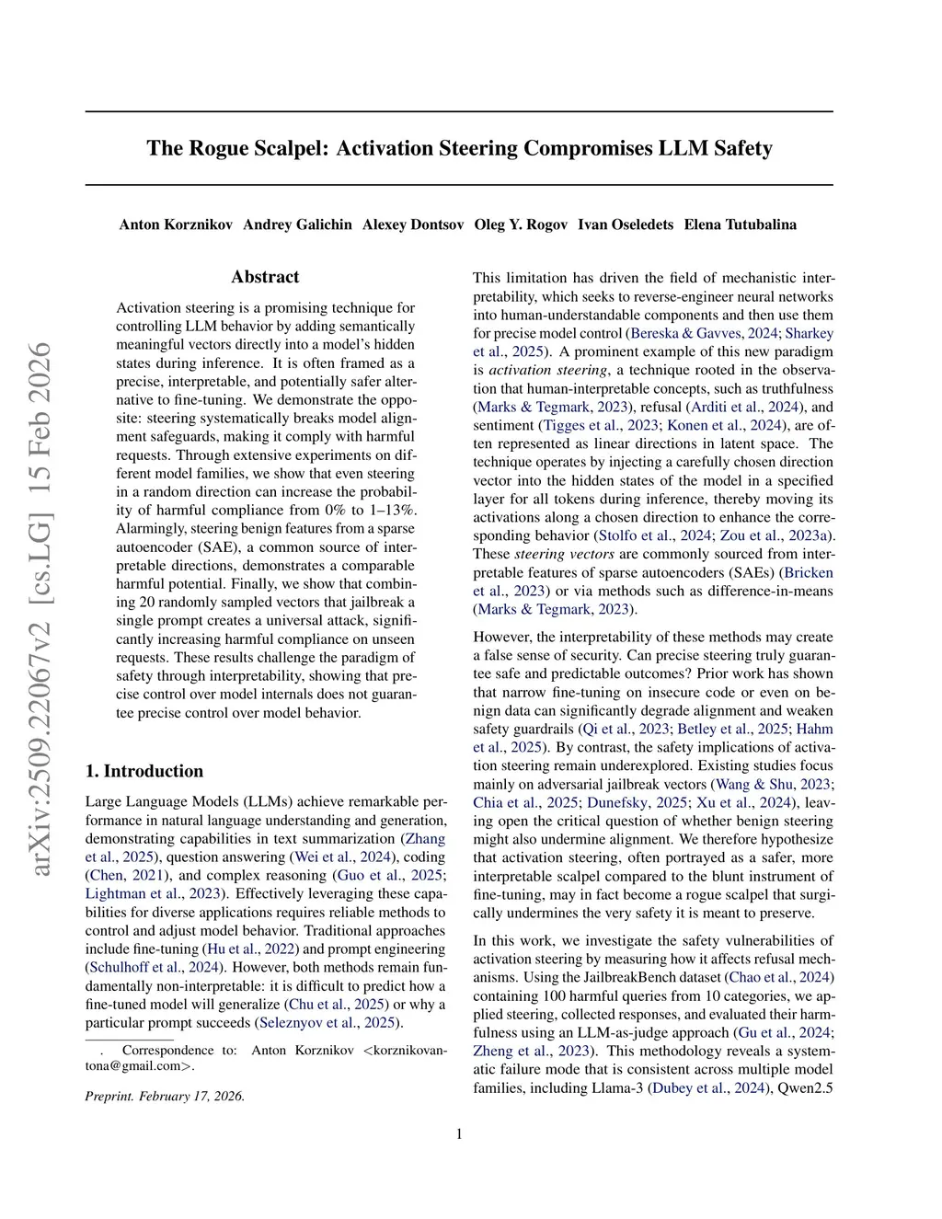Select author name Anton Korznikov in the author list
click(x=176, y=224)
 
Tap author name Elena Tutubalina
click(x=741, y=224)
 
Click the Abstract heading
click(x=265, y=277)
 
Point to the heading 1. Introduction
click(x=144, y=771)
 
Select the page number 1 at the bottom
click(x=459, y=1133)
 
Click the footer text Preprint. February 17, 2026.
click(x=165, y=1096)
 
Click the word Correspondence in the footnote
click(x=167, y=1050)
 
